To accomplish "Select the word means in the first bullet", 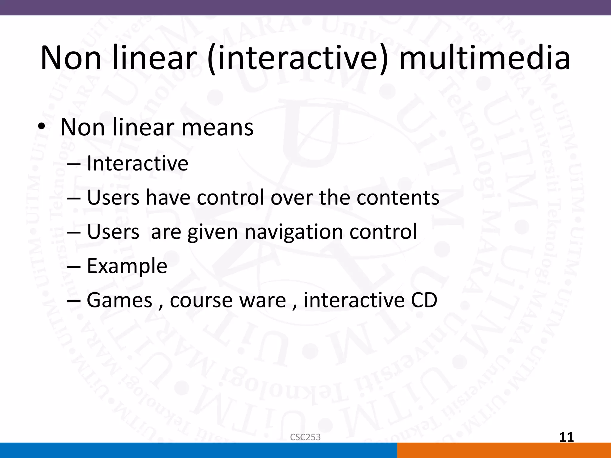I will [x=217, y=127].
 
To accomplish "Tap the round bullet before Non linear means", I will [x=41, y=128].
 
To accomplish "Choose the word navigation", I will [x=294, y=232].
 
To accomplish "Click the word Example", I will [x=127, y=266].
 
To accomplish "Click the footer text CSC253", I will [x=305, y=437].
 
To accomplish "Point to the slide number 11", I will [x=566, y=437].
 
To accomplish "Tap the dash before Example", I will [x=74, y=266].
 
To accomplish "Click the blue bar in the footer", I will [x=198, y=450].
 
